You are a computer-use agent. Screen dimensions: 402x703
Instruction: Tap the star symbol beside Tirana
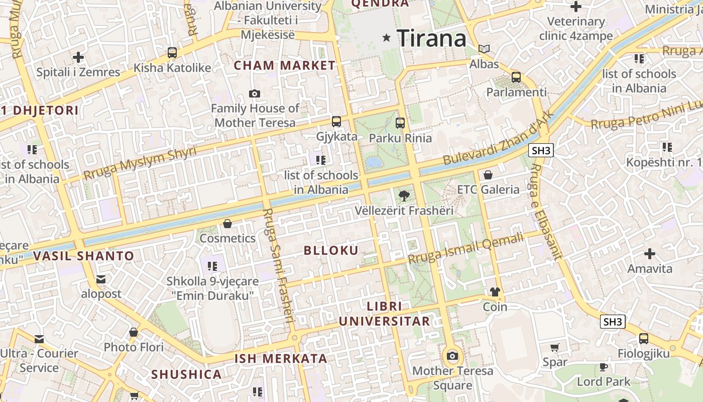387,37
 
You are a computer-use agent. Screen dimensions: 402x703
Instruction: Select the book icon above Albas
484,49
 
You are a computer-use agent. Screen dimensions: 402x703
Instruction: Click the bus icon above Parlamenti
516,77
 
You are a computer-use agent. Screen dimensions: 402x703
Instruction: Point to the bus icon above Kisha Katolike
172,52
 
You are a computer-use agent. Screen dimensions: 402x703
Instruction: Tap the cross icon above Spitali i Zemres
78,57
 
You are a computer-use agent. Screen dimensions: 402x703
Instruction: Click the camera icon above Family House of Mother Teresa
255,93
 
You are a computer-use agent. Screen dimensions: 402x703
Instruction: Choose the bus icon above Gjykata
336,121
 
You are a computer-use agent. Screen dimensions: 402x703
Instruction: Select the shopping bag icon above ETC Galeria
488,175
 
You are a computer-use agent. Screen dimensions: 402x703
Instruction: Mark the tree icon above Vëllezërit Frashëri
403,195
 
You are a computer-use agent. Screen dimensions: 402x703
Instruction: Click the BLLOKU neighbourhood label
331,251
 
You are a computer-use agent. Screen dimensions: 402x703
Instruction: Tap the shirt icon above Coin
495,292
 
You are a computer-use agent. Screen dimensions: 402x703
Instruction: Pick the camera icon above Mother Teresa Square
452,356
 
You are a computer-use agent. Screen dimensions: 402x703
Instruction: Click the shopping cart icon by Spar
555,347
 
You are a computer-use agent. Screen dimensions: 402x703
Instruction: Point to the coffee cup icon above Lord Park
603,367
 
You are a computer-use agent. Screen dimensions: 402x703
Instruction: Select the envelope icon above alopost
101,279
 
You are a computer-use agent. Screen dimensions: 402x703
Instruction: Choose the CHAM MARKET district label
285,65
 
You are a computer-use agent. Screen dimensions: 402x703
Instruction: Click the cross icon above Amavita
650,254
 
